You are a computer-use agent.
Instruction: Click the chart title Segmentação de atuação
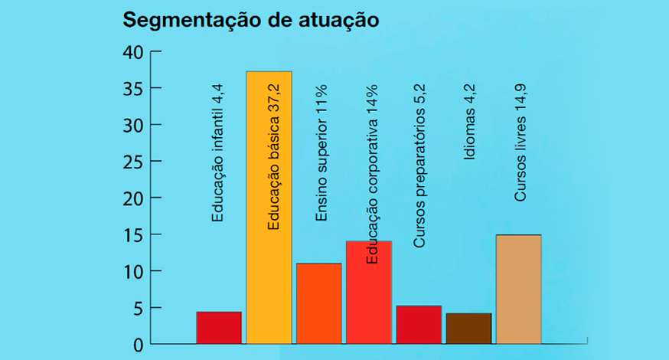coord(251,20)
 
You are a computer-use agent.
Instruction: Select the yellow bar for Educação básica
coord(269,208)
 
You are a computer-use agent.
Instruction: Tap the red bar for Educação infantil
coord(219,328)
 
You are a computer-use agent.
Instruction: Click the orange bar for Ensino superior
coord(319,303)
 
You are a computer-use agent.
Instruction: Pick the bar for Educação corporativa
coord(369,293)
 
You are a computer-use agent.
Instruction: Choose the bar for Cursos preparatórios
coord(419,325)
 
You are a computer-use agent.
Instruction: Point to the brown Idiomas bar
coord(469,329)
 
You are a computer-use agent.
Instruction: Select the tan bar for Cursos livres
coord(519,289)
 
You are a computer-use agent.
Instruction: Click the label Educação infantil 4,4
coord(217,153)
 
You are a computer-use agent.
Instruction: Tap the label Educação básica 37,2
coord(273,157)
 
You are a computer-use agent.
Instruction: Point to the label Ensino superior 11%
coord(321,153)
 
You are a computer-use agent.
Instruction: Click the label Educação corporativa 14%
coord(372,174)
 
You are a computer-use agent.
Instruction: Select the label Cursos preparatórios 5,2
coord(419,165)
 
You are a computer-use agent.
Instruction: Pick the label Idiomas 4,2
coord(469,122)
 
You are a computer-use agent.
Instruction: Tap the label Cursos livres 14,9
coord(520,142)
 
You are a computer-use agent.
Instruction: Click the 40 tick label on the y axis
coord(133,53)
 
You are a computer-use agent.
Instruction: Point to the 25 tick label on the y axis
coord(133,162)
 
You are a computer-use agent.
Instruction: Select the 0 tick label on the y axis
coord(139,345)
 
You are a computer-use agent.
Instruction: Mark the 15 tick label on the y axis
coord(133,236)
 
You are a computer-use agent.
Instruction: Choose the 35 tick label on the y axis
coord(133,90)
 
